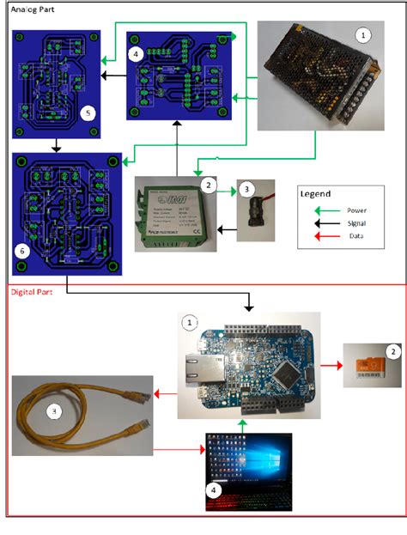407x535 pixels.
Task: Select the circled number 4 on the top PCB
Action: [x=137, y=53]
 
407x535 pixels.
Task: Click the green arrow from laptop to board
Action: [x=244, y=424]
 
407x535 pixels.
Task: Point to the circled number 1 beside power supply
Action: [x=363, y=35]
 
